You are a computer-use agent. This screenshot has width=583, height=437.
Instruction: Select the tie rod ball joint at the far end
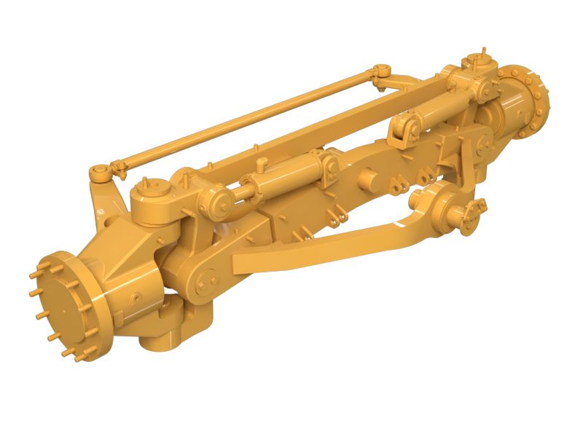coord(380,70)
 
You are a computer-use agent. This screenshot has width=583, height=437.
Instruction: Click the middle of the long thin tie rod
coord(240,120)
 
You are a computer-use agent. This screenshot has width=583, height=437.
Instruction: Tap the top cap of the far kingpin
coord(477,61)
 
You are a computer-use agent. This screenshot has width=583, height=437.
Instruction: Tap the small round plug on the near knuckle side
coord(136,297)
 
